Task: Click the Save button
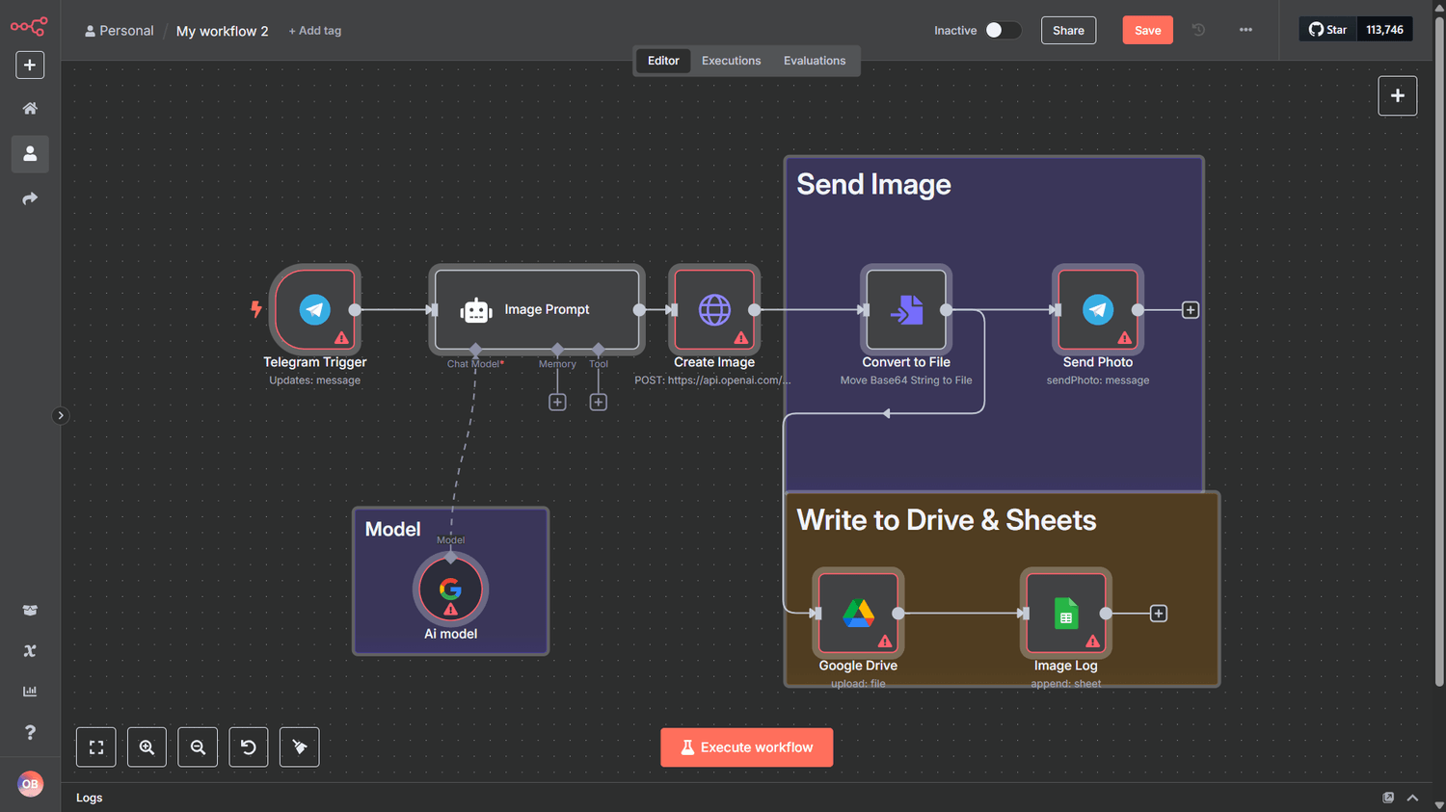tap(1147, 30)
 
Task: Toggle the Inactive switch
tap(1003, 30)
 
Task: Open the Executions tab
tap(731, 61)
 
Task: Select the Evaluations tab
tap(814, 61)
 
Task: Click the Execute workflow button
tap(746, 747)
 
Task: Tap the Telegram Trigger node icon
tap(315, 309)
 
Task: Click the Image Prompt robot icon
tap(476, 310)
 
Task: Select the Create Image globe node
tap(714, 309)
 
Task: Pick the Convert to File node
tap(906, 309)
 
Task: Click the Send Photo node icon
tap(1097, 309)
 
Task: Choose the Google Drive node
tap(858, 613)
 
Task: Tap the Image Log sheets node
tap(1066, 613)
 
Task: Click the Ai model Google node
tap(450, 589)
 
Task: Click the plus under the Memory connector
tap(557, 403)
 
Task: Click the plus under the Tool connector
tap(599, 403)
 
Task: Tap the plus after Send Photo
tap(1191, 310)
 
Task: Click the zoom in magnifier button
tap(147, 747)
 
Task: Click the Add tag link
tap(314, 30)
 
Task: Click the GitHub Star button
tap(1327, 30)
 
